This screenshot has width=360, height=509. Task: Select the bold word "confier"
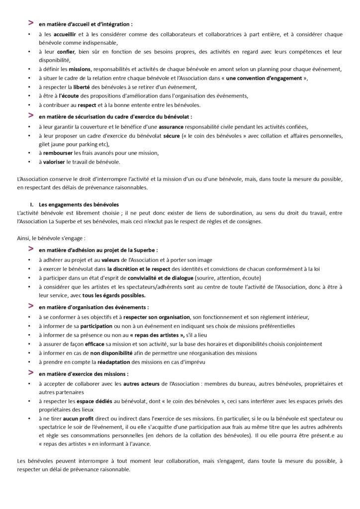click(65, 52)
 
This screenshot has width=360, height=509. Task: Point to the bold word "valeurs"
click(113, 260)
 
